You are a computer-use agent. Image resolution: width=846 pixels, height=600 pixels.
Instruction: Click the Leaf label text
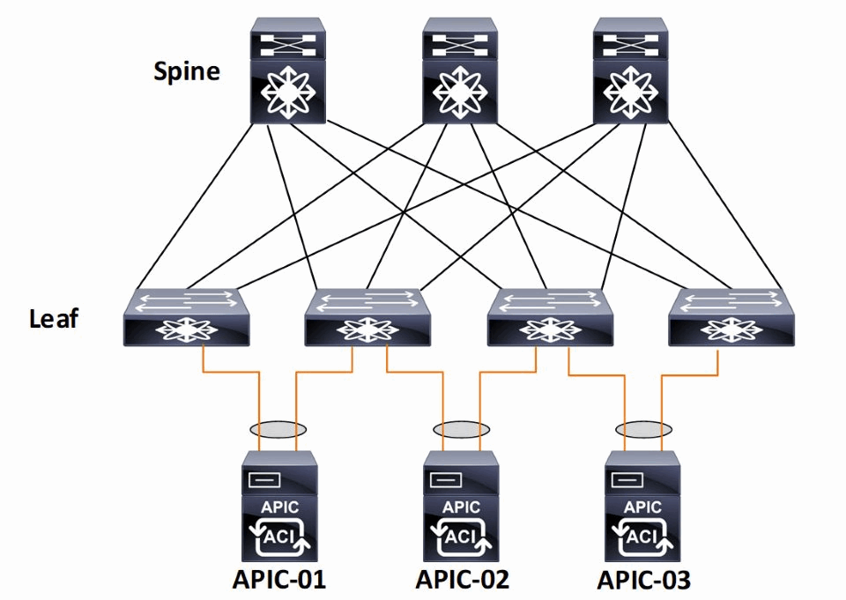tap(54, 317)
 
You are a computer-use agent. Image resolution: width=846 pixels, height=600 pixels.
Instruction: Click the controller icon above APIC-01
tap(278, 507)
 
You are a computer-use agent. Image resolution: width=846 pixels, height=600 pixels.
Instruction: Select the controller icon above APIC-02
tap(461, 507)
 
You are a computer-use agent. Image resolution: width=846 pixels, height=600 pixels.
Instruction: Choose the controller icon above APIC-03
tap(643, 507)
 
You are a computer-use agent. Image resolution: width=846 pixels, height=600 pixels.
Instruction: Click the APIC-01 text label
tap(278, 581)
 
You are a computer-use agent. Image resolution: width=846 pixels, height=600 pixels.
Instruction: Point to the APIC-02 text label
tap(463, 581)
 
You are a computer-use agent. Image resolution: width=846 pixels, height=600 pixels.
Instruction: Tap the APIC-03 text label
tap(644, 581)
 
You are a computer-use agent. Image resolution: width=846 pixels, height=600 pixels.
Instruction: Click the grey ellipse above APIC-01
tap(278, 429)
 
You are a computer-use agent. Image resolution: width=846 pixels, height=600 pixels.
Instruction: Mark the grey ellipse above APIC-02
tap(461, 429)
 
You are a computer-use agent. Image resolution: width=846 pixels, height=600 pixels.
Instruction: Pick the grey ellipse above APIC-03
tap(643, 429)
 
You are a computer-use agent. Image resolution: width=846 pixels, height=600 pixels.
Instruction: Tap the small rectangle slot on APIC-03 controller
tap(628, 479)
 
